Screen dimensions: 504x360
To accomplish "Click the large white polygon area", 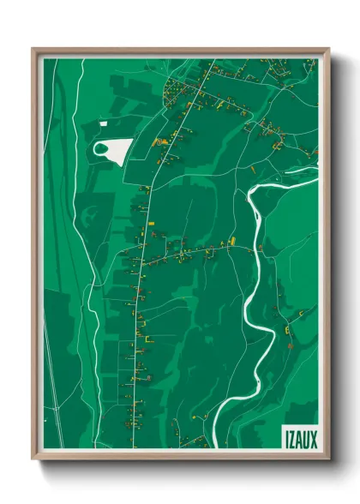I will pyautogui.click(x=120, y=151).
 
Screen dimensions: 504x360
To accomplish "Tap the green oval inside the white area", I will pyautogui.click(x=103, y=151).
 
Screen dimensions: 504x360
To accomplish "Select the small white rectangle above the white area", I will pyautogui.click(x=104, y=124).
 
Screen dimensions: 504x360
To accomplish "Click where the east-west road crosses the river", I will pyautogui.click(x=256, y=248).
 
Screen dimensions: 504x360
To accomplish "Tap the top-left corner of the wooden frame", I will pyautogui.click(x=33, y=50).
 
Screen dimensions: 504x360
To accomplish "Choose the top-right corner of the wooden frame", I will pyautogui.click(x=327, y=50).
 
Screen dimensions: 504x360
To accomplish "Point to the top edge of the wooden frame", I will pyautogui.click(x=180, y=51).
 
